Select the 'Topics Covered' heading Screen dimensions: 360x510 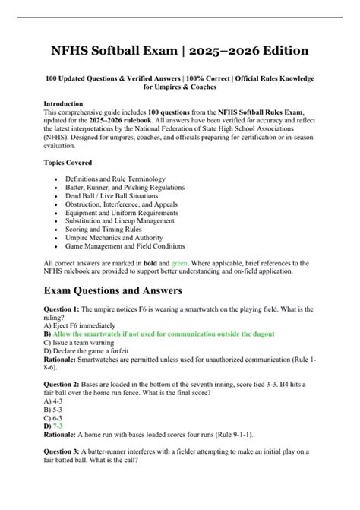[x=68, y=163]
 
